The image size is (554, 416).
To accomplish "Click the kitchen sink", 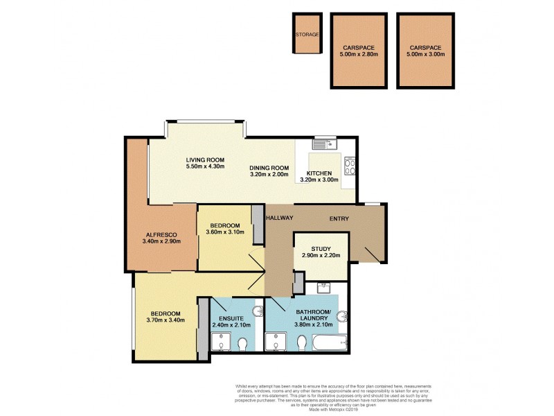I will tap(323, 145).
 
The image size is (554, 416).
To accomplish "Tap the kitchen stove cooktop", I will tap(350, 168).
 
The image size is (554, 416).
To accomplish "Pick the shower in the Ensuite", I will tap(222, 342).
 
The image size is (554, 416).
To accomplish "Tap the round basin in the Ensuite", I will tap(258, 311).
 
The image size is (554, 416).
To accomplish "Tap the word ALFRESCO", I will tap(161, 234).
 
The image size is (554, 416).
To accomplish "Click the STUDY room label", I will tap(321, 249).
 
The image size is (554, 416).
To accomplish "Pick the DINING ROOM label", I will tap(269, 168).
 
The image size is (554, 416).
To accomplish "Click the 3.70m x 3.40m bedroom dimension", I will tap(164, 321).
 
